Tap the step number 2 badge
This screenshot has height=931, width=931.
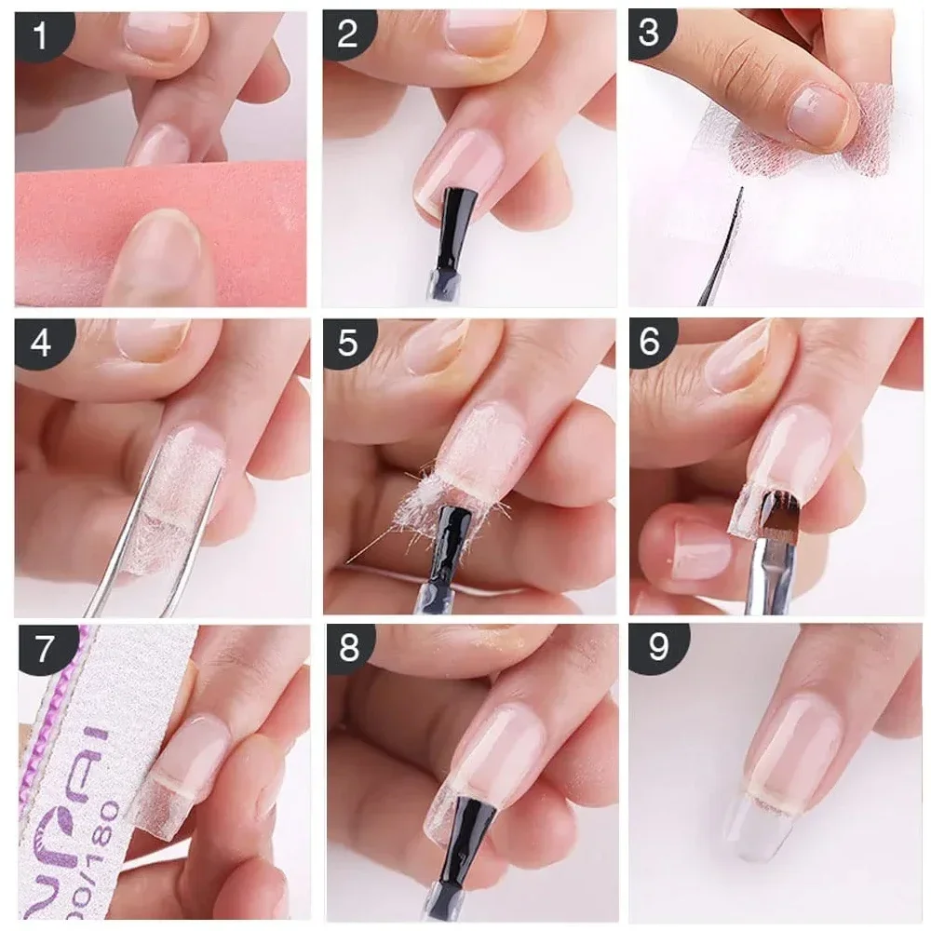pyautogui.click(x=347, y=35)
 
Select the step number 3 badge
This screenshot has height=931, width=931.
pyautogui.click(x=650, y=34)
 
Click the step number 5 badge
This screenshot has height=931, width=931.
pyautogui.click(x=347, y=344)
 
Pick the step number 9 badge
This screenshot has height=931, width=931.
pyautogui.click(x=657, y=648)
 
